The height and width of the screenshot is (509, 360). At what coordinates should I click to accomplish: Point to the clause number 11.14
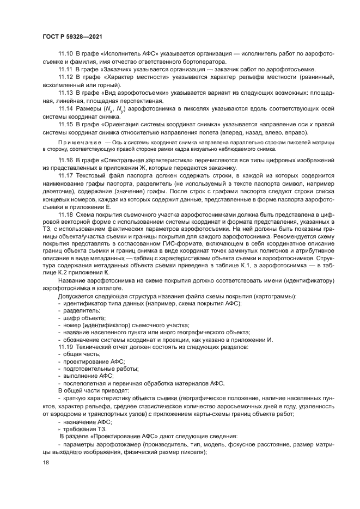[65, 109]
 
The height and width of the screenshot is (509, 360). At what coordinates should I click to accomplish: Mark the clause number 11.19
[65, 347]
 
